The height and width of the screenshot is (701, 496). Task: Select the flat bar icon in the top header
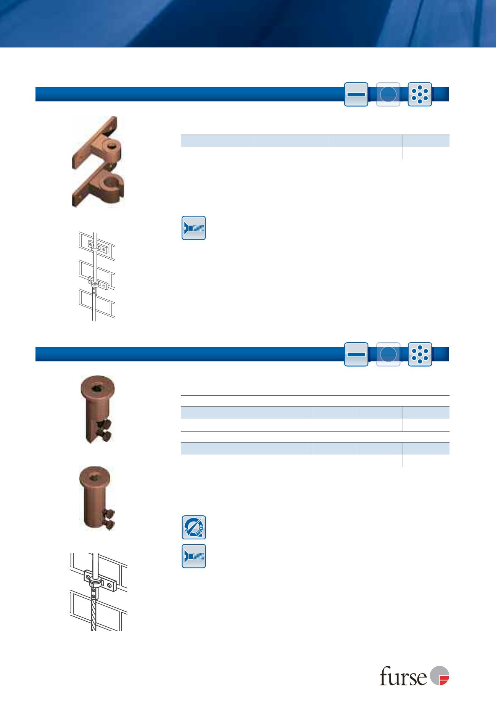pyautogui.click(x=356, y=94)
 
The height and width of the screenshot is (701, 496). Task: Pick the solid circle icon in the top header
pyautogui.click(x=388, y=94)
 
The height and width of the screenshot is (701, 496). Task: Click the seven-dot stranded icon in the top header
pyautogui.click(x=420, y=94)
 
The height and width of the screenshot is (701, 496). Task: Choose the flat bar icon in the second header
pyautogui.click(x=356, y=354)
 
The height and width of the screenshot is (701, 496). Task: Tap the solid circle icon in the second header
pyautogui.click(x=388, y=354)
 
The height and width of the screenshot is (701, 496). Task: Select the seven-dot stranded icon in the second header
pyautogui.click(x=420, y=354)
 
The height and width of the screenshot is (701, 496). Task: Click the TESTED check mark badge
pyautogui.click(x=194, y=527)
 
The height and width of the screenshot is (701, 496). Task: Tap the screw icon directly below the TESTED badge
pyautogui.click(x=194, y=556)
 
